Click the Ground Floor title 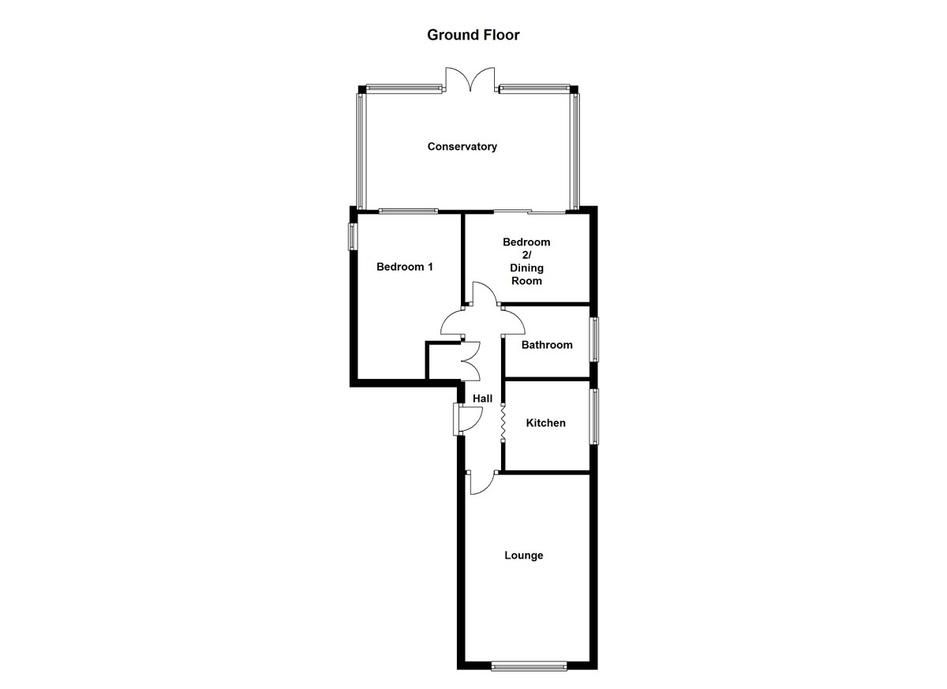click(473, 35)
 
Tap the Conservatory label click(462, 146)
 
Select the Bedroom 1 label click(405, 267)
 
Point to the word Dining click(526, 268)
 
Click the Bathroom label click(547, 345)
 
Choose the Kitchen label click(545, 423)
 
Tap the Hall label click(482, 399)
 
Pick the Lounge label click(523, 555)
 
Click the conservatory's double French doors click(470, 80)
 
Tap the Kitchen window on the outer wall click(594, 417)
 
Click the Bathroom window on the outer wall click(594, 339)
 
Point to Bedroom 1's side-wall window click(353, 237)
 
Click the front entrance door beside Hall click(467, 419)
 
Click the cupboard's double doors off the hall click(470, 361)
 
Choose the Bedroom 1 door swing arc click(451, 322)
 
